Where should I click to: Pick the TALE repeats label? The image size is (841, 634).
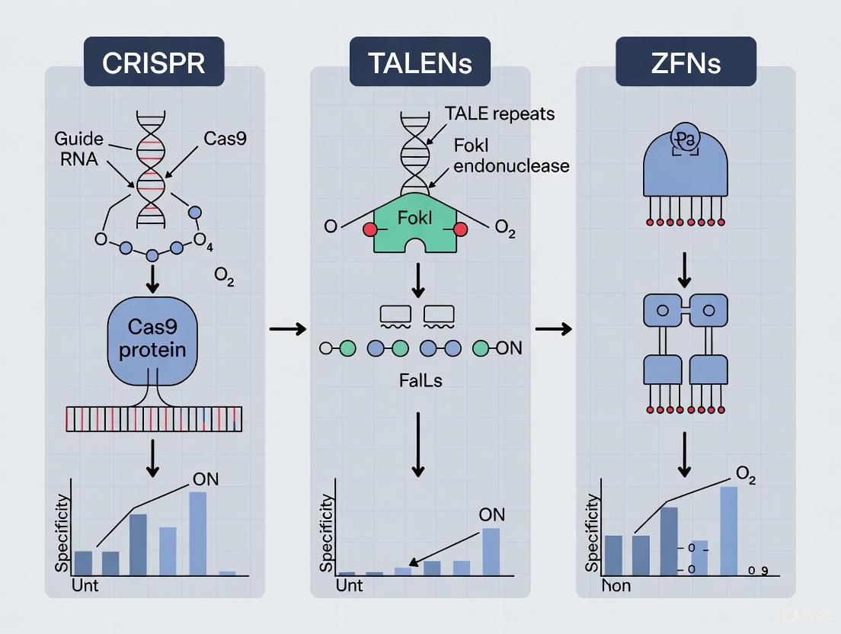tap(499, 114)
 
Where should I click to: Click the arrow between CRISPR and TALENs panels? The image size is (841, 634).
tap(288, 329)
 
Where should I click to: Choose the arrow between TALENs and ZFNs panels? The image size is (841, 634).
tap(554, 329)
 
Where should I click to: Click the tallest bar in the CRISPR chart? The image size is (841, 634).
tap(197, 533)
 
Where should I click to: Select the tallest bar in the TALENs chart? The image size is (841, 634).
tap(491, 540)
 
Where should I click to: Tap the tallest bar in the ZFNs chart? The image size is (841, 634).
tap(728, 530)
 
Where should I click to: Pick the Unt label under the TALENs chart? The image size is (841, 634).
tap(350, 586)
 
